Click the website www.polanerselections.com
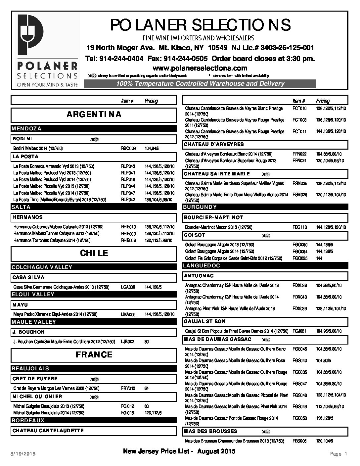point(200,68)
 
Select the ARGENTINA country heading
point(94,115)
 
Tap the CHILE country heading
point(94,253)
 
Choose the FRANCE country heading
point(94,355)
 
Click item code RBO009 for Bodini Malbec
point(128,149)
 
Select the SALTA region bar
point(21,207)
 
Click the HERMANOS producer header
point(28,217)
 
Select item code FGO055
point(300,258)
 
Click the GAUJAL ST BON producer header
point(205,321)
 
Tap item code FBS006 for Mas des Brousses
point(299,441)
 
